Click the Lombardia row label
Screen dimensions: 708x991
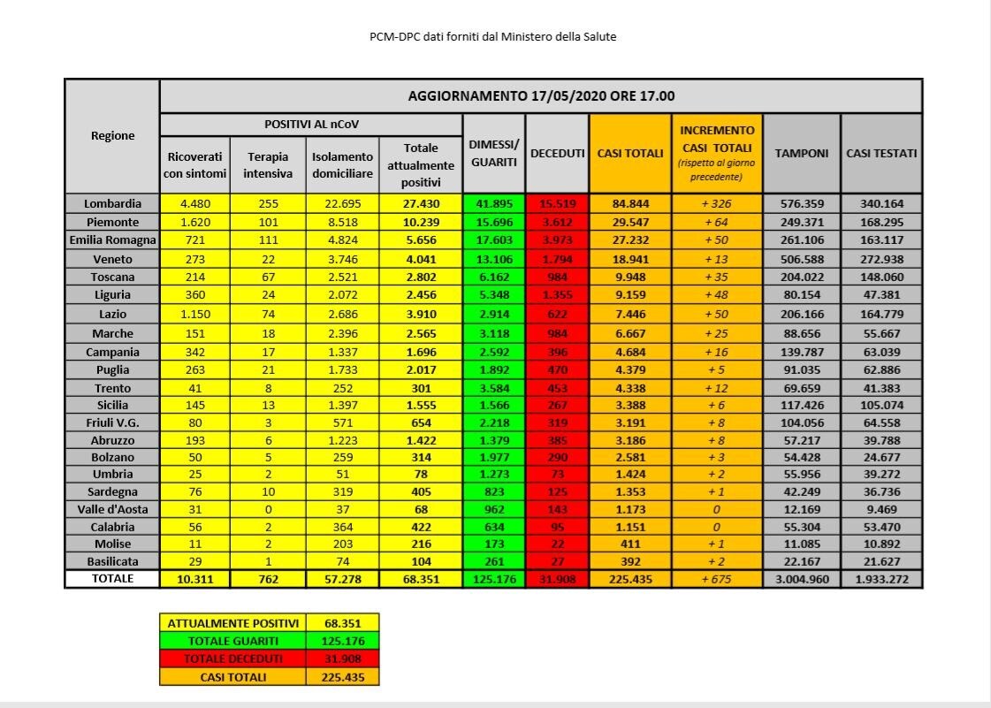pyautogui.click(x=112, y=203)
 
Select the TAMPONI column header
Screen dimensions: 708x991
pyautogui.click(x=801, y=153)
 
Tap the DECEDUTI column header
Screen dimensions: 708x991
pyautogui.click(x=557, y=153)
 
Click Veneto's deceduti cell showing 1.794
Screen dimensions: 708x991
pyautogui.click(x=557, y=259)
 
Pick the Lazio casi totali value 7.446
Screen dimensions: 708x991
pyautogui.click(x=630, y=315)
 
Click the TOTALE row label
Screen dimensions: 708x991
pyautogui.click(x=112, y=578)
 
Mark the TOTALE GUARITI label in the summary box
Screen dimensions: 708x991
pyautogui.click(x=233, y=641)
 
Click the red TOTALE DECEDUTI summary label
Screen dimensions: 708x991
pyautogui.click(x=233, y=659)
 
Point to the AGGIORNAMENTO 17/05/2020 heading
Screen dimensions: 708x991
pyautogui.click(x=541, y=95)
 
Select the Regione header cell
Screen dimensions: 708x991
pyautogui.click(x=112, y=135)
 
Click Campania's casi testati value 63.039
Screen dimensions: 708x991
pyautogui.click(x=881, y=352)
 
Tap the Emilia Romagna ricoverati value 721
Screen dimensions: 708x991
pyautogui.click(x=194, y=240)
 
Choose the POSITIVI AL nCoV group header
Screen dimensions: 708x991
pyautogui.click(x=311, y=124)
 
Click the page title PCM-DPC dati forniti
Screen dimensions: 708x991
pyautogui.click(x=492, y=37)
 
